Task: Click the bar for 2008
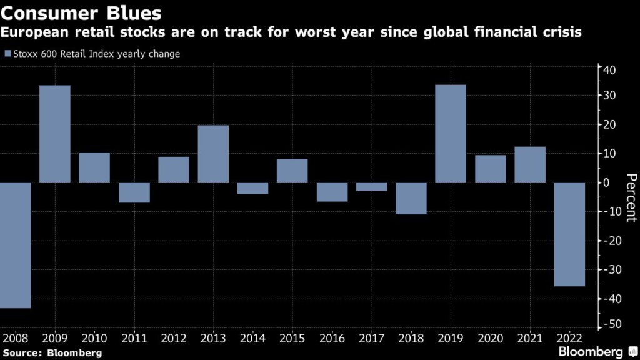pyautogui.click(x=15, y=245)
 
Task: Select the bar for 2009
pyautogui.click(x=55, y=134)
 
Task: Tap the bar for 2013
pyautogui.click(x=213, y=154)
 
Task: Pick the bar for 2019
pyautogui.click(x=451, y=134)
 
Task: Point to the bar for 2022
pyautogui.click(x=569, y=234)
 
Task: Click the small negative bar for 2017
pyautogui.click(x=371, y=186)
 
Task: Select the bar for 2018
pyautogui.click(x=411, y=198)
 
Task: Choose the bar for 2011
pyautogui.click(x=134, y=192)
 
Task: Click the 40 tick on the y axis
pyautogui.click(x=609, y=69)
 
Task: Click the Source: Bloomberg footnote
pyautogui.click(x=52, y=353)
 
